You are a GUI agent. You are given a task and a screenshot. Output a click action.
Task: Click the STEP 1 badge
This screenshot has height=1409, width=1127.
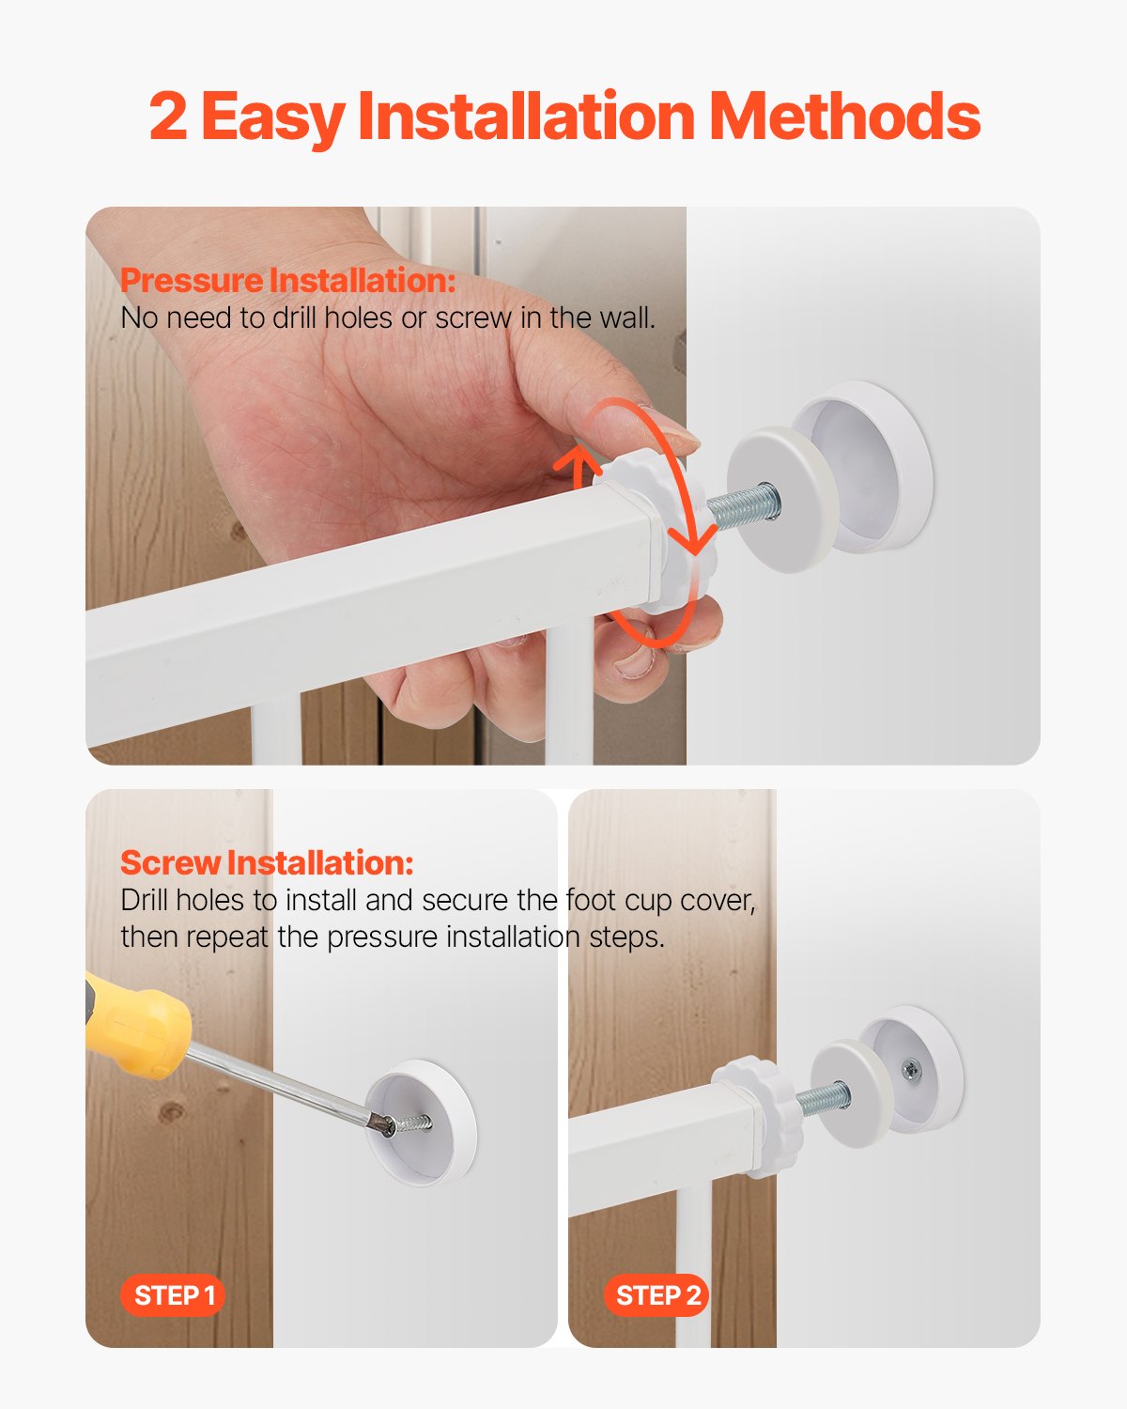[x=174, y=1295]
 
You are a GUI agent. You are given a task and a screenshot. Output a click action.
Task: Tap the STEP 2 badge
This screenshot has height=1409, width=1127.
[x=657, y=1295]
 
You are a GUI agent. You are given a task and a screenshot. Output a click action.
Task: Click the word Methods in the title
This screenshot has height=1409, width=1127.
[x=844, y=116]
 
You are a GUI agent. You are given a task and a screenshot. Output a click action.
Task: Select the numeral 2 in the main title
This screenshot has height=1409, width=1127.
[x=168, y=116]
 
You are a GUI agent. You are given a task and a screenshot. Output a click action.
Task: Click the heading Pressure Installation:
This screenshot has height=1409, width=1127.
[x=288, y=280]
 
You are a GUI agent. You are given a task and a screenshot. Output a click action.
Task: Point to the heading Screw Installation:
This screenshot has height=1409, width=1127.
[x=267, y=862]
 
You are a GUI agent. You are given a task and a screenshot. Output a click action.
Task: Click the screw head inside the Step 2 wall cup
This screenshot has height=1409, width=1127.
[x=910, y=1068]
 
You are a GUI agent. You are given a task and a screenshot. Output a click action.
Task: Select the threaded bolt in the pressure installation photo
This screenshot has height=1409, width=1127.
[x=741, y=505]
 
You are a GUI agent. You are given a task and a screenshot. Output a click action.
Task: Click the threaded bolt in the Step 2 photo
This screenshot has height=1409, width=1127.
[x=824, y=1096]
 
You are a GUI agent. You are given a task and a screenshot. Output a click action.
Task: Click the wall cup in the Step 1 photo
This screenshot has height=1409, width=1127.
[x=422, y=1123]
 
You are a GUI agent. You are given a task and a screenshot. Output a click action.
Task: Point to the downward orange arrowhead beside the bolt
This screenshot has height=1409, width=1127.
[x=694, y=543]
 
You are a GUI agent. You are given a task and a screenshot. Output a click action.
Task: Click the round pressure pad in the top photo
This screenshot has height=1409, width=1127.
[x=778, y=498]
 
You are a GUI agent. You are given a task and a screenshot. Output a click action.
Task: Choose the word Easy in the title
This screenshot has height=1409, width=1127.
[x=272, y=116]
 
